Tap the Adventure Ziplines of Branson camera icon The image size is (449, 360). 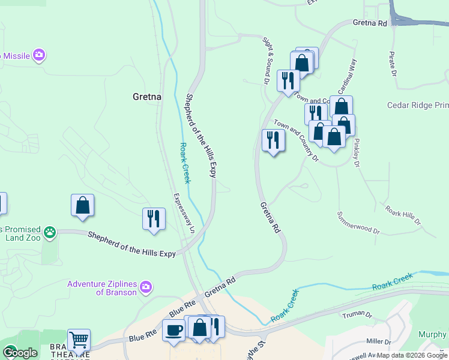pyautogui.click(x=145, y=288)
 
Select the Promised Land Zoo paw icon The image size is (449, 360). pyautogui.click(x=49, y=231)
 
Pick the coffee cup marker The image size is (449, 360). pyautogui.click(x=173, y=331)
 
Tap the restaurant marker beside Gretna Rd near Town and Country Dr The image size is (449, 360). pyautogui.click(x=273, y=140)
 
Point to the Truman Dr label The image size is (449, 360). pyautogui.click(x=357, y=315)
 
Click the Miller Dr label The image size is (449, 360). pyautogui.click(x=379, y=342)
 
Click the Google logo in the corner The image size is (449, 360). pyautogui.click(x=19, y=353)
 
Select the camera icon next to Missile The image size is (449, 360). pyautogui.click(x=40, y=56)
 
